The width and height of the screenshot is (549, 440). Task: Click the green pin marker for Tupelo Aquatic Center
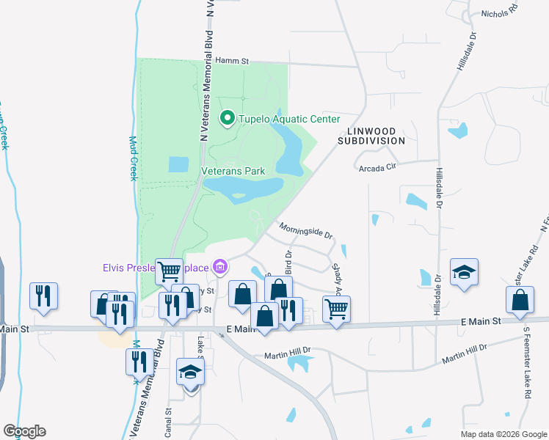click(x=228, y=118)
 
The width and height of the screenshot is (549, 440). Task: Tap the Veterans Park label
click(x=233, y=171)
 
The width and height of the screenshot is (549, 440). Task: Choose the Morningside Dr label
click(x=306, y=231)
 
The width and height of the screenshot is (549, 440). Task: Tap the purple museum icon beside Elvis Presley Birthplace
click(x=219, y=265)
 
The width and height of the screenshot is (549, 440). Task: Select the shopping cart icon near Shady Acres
click(x=336, y=308)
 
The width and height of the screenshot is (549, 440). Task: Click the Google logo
click(x=24, y=431)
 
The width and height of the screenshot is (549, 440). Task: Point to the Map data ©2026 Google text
click(x=503, y=433)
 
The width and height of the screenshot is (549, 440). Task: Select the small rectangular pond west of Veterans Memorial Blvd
click(x=178, y=164)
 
